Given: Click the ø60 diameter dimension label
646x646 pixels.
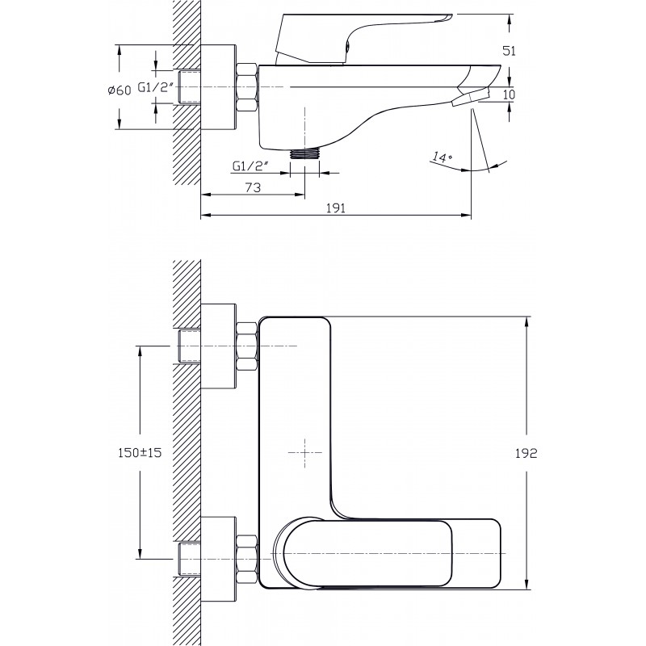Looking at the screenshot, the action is [119, 90].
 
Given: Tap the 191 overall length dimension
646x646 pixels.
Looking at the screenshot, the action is [336, 208].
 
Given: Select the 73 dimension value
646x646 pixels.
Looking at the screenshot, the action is [253, 187].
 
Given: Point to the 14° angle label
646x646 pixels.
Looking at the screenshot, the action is [443, 157].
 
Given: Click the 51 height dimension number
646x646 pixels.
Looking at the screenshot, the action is [509, 51].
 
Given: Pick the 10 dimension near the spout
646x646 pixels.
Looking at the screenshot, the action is [510, 94].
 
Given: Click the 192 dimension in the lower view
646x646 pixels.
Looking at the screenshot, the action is [526, 453].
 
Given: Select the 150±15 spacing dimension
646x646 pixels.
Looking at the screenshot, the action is [140, 453].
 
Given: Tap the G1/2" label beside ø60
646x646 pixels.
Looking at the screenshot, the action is [153, 87].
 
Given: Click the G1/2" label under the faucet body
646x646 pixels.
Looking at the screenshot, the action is [250, 166].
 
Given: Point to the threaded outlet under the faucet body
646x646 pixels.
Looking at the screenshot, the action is [304, 153].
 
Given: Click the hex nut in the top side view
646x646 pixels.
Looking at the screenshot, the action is [247, 87].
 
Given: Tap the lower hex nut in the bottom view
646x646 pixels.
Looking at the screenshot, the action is [247, 558].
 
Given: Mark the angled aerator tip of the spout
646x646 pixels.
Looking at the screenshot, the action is [470, 97].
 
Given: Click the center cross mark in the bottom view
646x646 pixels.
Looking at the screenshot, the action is [304, 453].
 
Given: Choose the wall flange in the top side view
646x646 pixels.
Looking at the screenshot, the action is [218, 87].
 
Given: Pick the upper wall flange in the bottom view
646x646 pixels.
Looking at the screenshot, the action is [218, 346].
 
